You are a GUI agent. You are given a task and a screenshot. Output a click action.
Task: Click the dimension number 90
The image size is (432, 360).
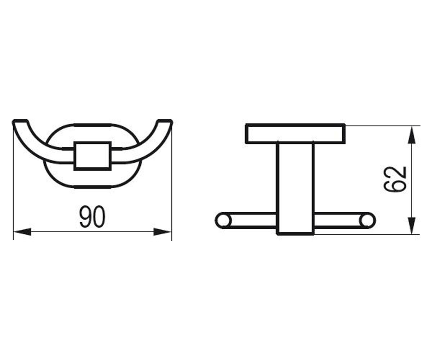coord(92,217)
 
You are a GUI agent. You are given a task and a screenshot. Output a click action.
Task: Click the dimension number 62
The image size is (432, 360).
coord(395,179)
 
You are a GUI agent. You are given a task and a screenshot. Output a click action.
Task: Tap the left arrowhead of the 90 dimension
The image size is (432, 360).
coord(22,232)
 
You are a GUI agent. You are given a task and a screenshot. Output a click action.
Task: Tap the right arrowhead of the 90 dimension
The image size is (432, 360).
coord(162,232)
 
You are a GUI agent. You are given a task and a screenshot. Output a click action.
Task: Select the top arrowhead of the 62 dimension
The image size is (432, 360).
coord(412,135)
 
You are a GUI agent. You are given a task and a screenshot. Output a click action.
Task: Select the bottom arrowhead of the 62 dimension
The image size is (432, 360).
coord(412,226)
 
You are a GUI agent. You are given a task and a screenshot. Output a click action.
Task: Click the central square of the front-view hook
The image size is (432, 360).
coord(93,156)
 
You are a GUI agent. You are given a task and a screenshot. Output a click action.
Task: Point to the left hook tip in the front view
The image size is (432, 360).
coord(20,121)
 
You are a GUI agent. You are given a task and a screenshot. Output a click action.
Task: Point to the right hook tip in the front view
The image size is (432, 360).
coord(165,121)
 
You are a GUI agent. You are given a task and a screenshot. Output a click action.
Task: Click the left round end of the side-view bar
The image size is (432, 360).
coord(223,221)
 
